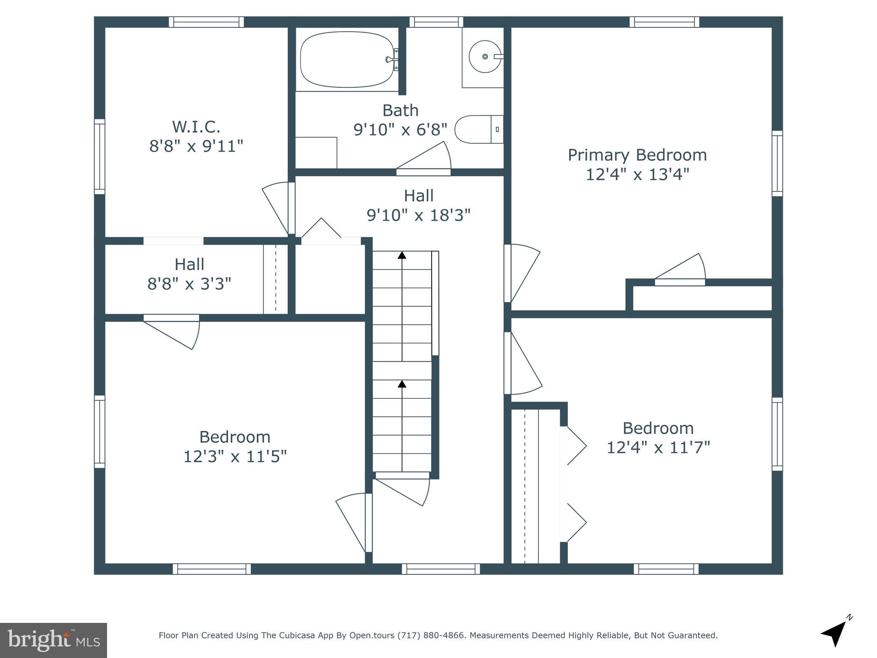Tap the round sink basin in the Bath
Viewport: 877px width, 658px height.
[x=484, y=57]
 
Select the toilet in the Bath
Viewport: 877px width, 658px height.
[x=477, y=129]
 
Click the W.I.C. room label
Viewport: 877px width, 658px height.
[x=196, y=127]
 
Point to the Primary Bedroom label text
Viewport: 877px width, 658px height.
[x=637, y=155]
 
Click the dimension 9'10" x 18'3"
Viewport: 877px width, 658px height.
[x=418, y=215]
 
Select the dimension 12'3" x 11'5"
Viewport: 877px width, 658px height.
[x=235, y=457]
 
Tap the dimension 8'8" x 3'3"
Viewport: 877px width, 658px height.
[x=189, y=284]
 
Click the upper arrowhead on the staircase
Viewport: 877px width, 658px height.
[x=402, y=255]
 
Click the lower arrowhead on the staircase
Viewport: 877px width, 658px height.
[x=402, y=384]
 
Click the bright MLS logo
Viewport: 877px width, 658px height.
[x=53, y=640]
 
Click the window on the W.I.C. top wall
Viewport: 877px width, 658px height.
[x=206, y=22]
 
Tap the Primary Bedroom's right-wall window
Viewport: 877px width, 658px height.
[x=777, y=163]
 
